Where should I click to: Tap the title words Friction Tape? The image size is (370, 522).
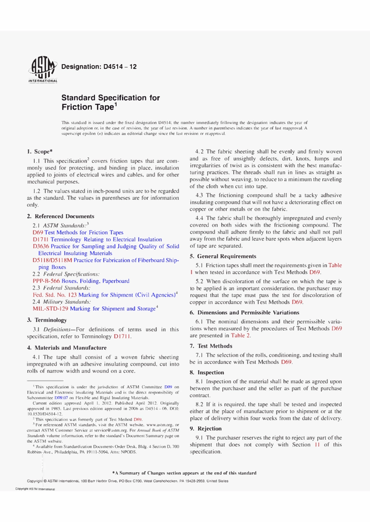point(88,107)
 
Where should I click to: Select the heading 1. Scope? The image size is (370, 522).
point(40,152)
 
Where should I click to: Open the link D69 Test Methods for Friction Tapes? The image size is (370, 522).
point(78,232)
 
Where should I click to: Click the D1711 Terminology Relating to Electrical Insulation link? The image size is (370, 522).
point(97,239)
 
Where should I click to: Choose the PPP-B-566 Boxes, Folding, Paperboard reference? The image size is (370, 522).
point(81,281)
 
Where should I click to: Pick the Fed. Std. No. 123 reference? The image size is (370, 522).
point(55,295)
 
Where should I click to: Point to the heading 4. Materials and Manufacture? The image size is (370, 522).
point(67,348)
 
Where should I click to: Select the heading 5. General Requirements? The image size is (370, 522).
point(223,256)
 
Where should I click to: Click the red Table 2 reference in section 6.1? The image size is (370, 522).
point(240,335)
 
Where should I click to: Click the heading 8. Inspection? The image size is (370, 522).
point(207,372)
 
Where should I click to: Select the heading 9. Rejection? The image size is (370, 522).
point(206,428)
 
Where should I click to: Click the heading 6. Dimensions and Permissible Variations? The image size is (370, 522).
point(244,313)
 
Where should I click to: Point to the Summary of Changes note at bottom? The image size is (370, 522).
point(185,473)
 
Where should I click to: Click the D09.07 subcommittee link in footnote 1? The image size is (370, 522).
point(61,398)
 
